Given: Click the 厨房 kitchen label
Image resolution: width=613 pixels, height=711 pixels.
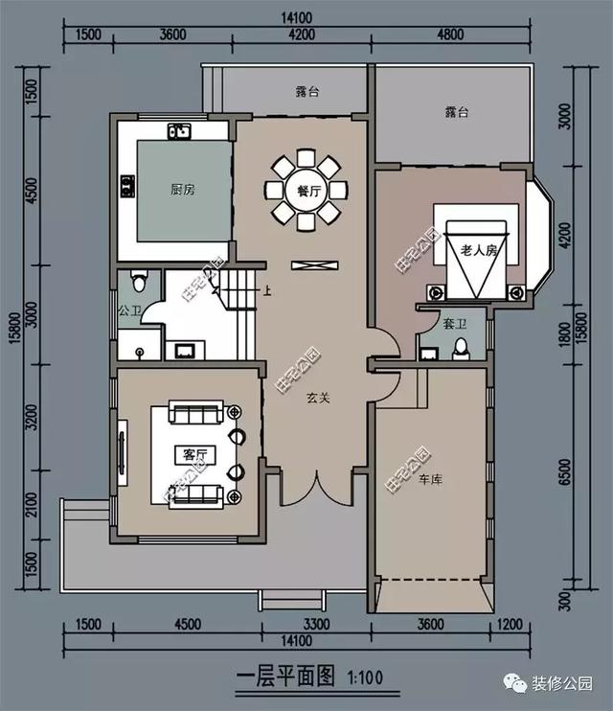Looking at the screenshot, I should (182, 191).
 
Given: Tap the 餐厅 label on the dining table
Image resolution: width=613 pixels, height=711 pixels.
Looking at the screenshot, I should (306, 190).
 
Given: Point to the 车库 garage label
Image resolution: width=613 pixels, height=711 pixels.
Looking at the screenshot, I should (430, 476).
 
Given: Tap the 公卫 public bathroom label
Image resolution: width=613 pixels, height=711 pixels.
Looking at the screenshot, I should (129, 311).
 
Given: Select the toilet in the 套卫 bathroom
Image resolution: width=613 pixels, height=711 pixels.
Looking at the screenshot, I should (460, 348).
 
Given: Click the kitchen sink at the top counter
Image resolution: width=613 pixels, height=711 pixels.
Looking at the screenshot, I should (179, 129).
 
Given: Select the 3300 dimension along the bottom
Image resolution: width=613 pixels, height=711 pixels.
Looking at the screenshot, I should (317, 625).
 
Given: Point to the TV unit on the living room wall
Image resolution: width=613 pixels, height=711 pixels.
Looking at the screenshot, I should (123, 451).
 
